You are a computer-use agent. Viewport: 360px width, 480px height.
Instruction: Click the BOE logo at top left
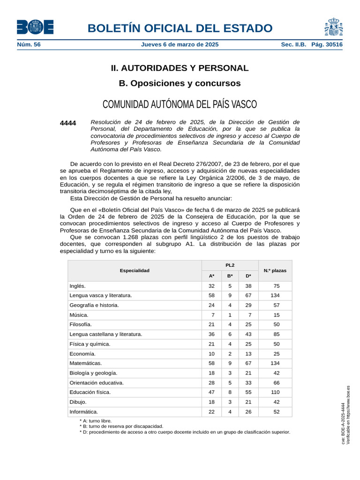pyautogui.click(x=35, y=27)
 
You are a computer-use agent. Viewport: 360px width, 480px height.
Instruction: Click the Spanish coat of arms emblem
pyautogui.click(x=333, y=27)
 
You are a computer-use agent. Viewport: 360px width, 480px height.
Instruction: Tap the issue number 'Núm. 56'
pyautogui.click(x=29, y=45)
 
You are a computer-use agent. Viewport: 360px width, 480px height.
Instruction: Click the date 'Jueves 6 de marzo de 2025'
pyautogui.click(x=180, y=45)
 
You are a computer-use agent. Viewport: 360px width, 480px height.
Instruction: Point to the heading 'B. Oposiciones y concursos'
pyautogui.click(x=180, y=83)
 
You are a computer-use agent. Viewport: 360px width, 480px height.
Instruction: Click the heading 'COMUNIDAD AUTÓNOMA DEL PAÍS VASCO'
pyautogui.click(x=180, y=104)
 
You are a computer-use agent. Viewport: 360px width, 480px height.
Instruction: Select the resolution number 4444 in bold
pyautogui.click(x=68, y=123)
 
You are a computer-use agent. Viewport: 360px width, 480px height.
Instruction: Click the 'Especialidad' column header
pyautogui.click(x=135, y=270)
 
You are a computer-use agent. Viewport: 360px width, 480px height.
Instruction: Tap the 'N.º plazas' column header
pyautogui.click(x=275, y=270)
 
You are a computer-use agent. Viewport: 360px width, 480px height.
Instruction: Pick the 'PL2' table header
pyautogui.click(x=230, y=265)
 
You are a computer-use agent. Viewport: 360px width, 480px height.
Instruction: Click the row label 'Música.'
pyautogui.click(x=79, y=315)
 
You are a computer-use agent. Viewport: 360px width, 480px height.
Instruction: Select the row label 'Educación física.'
pyautogui.click(x=90, y=392)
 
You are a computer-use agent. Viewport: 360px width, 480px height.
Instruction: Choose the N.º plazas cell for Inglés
pyautogui.click(x=276, y=286)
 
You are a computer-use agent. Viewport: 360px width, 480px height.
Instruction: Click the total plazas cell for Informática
pyautogui.click(x=276, y=412)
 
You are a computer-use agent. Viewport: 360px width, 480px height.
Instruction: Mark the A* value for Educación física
pyautogui.click(x=211, y=392)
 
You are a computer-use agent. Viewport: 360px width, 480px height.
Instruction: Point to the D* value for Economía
pyautogui.click(x=248, y=354)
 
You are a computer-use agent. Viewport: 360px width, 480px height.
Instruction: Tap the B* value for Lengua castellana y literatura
pyautogui.click(x=230, y=334)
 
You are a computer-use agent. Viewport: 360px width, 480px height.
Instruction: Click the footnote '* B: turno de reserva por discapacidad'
pyautogui.click(x=121, y=427)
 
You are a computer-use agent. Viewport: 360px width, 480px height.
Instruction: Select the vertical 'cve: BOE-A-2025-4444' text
pyautogui.click(x=343, y=423)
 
